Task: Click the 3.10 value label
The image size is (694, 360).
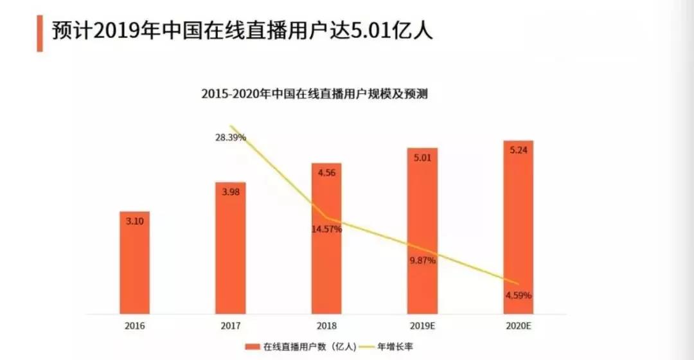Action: pyautogui.click(x=134, y=221)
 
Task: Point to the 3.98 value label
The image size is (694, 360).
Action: pyautogui.click(x=230, y=192)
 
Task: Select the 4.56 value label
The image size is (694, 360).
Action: pyautogui.click(x=326, y=172)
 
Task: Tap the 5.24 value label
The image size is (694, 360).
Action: pyautogui.click(x=518, y=150)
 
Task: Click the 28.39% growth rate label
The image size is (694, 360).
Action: pyautogui.click(x=230, y=138)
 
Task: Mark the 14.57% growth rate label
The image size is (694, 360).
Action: pyautogui.click(x=326, y=229)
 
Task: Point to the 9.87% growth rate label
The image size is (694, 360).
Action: pyautogui.click(x=422, y=260)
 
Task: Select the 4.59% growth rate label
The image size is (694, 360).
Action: pyautogui.click(x=518, y=296)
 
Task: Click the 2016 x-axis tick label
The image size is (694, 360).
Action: pyautogui.click(x=134, y=326)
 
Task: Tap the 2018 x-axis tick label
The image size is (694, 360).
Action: pyautogui.click(x=326, y=326)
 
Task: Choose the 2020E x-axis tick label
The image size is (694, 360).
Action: pyautogui.click(x=518, y=326)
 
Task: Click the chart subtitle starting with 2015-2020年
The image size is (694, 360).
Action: pyautogui.click(x=314, y=94)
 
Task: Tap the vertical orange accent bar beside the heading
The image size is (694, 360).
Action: pyautogui.click(x=39, y=32)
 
